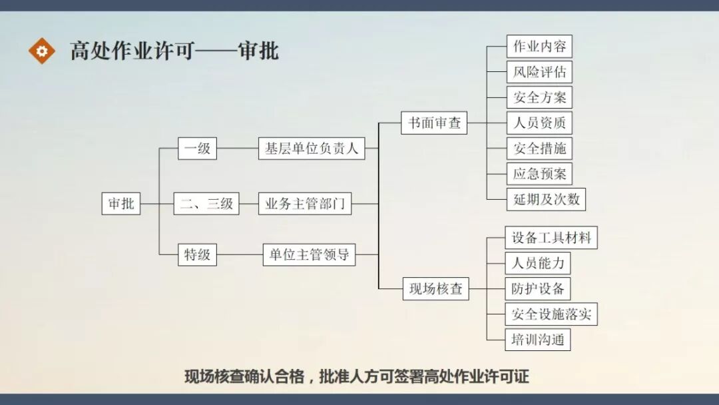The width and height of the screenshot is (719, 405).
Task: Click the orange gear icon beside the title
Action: pos(41,51)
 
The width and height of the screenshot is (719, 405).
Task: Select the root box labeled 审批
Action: pos(121,203)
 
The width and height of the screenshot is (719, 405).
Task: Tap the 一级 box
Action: pos(197,149)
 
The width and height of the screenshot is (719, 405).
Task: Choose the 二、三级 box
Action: pos(206,203)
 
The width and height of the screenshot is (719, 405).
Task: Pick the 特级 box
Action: pos(197,254)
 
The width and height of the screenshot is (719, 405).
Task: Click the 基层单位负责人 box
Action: pos(312,149)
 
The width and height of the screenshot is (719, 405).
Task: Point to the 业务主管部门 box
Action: pos(305,203)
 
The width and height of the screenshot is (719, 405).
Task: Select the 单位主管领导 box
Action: pos(310,254)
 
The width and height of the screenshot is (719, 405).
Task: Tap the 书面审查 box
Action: pos(435,123)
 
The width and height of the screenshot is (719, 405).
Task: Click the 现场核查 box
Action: pos(436,289)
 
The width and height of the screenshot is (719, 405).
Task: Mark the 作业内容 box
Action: pos(539,47)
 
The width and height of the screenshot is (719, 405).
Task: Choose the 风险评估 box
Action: pos(539,72)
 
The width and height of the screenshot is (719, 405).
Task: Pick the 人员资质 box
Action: pos(539,123)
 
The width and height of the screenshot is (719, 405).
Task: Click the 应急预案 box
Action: pos(539,174)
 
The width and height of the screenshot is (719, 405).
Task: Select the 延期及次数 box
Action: pos(546,199)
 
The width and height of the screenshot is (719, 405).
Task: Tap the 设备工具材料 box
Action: pos(551,238)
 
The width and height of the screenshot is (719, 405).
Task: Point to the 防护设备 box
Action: pos(538,288)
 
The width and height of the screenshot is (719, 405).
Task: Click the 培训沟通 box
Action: pos(538,340)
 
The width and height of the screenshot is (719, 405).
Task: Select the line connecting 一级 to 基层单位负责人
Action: pos(238,149)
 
